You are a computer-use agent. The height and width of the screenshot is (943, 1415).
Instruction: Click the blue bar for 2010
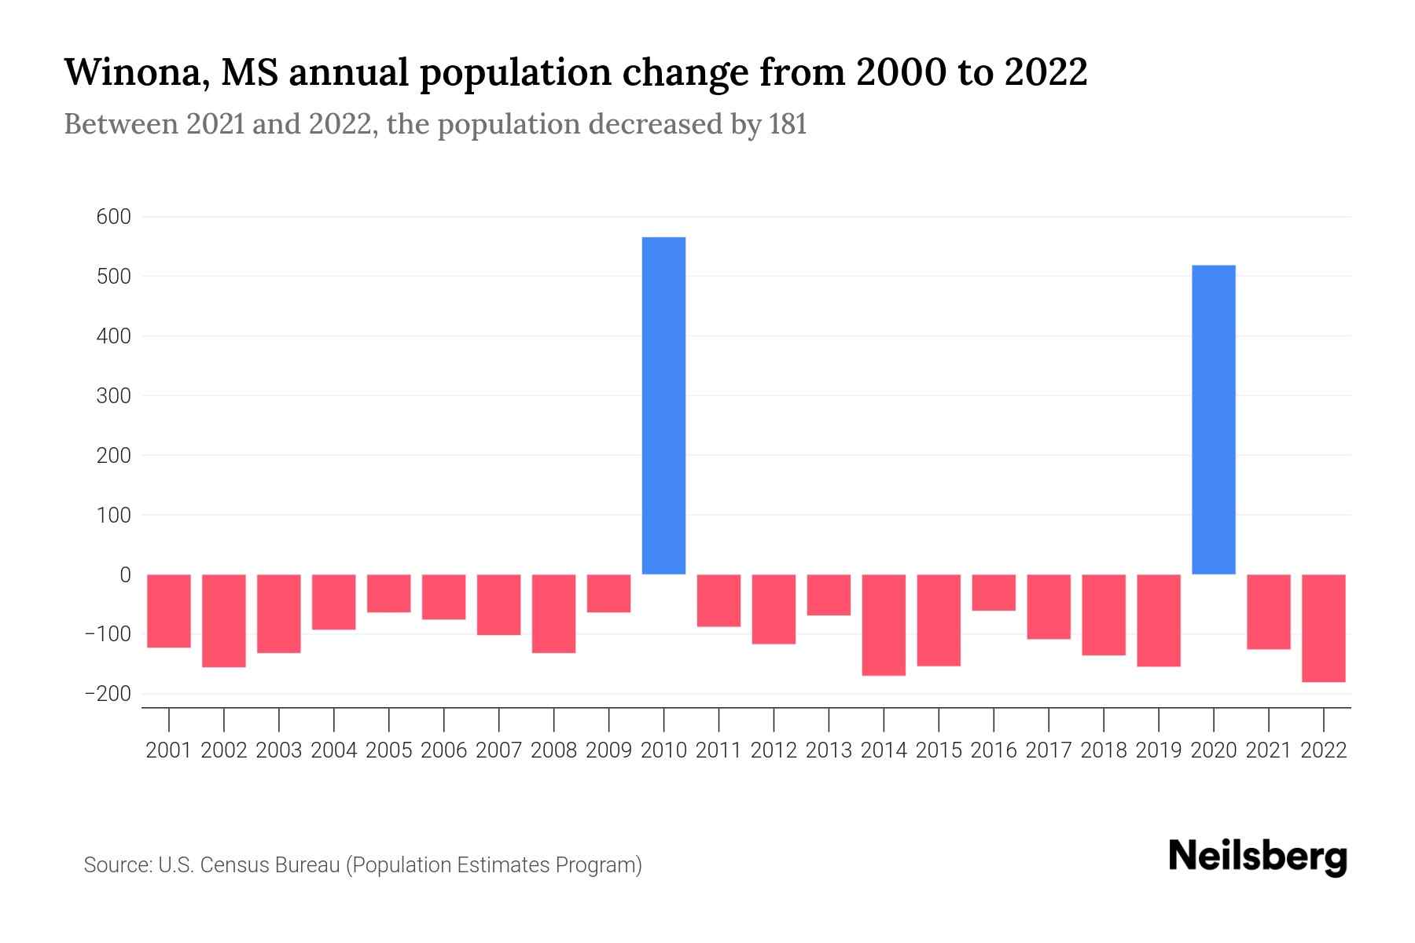663,405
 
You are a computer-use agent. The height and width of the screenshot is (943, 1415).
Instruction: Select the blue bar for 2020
1213,420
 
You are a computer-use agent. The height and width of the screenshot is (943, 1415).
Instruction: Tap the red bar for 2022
1323,628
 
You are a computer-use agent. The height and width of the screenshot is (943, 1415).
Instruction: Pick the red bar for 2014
884,625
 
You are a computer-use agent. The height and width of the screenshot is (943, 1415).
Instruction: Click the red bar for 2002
224,621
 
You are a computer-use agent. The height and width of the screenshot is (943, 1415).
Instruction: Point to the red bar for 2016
994,593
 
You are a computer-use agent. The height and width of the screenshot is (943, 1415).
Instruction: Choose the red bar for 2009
608,593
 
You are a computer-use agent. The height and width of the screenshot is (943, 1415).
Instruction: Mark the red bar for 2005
389,593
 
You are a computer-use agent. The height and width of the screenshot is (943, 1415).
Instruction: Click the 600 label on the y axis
113,217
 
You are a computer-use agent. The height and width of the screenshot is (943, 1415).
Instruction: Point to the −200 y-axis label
108,694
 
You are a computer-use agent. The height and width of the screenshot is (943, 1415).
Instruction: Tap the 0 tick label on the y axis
125,575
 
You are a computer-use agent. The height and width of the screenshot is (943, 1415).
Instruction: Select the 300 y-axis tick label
113,396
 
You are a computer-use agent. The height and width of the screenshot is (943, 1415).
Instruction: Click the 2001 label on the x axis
169,750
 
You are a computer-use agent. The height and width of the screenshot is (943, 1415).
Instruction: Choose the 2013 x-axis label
829,750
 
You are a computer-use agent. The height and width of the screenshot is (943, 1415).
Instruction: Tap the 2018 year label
1104,750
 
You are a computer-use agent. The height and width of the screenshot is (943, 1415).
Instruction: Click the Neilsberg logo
1258,857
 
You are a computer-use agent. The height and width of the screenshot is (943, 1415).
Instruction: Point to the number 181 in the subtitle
788,125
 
